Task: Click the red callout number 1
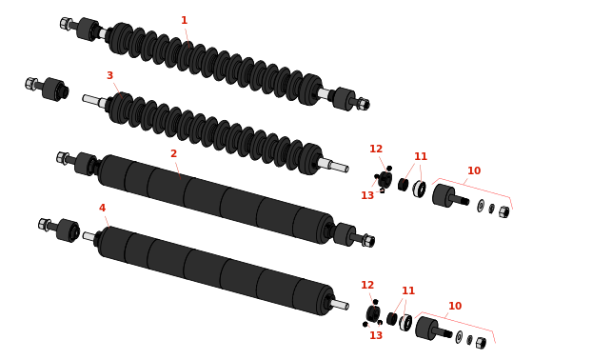185,20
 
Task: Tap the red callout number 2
173,154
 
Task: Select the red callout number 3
109,75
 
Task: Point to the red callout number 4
102,208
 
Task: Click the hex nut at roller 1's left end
65,23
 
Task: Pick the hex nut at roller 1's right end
364,104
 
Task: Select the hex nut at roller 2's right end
368,240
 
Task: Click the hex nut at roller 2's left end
63,158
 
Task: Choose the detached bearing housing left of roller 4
68,230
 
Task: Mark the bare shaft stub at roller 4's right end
340,304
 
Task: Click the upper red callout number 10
474,170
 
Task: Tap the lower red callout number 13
376,335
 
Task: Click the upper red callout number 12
376,149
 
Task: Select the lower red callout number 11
408,290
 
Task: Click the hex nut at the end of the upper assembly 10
503,212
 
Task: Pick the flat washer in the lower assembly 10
459,336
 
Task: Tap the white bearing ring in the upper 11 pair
419,189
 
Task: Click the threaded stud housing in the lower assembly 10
432,329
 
